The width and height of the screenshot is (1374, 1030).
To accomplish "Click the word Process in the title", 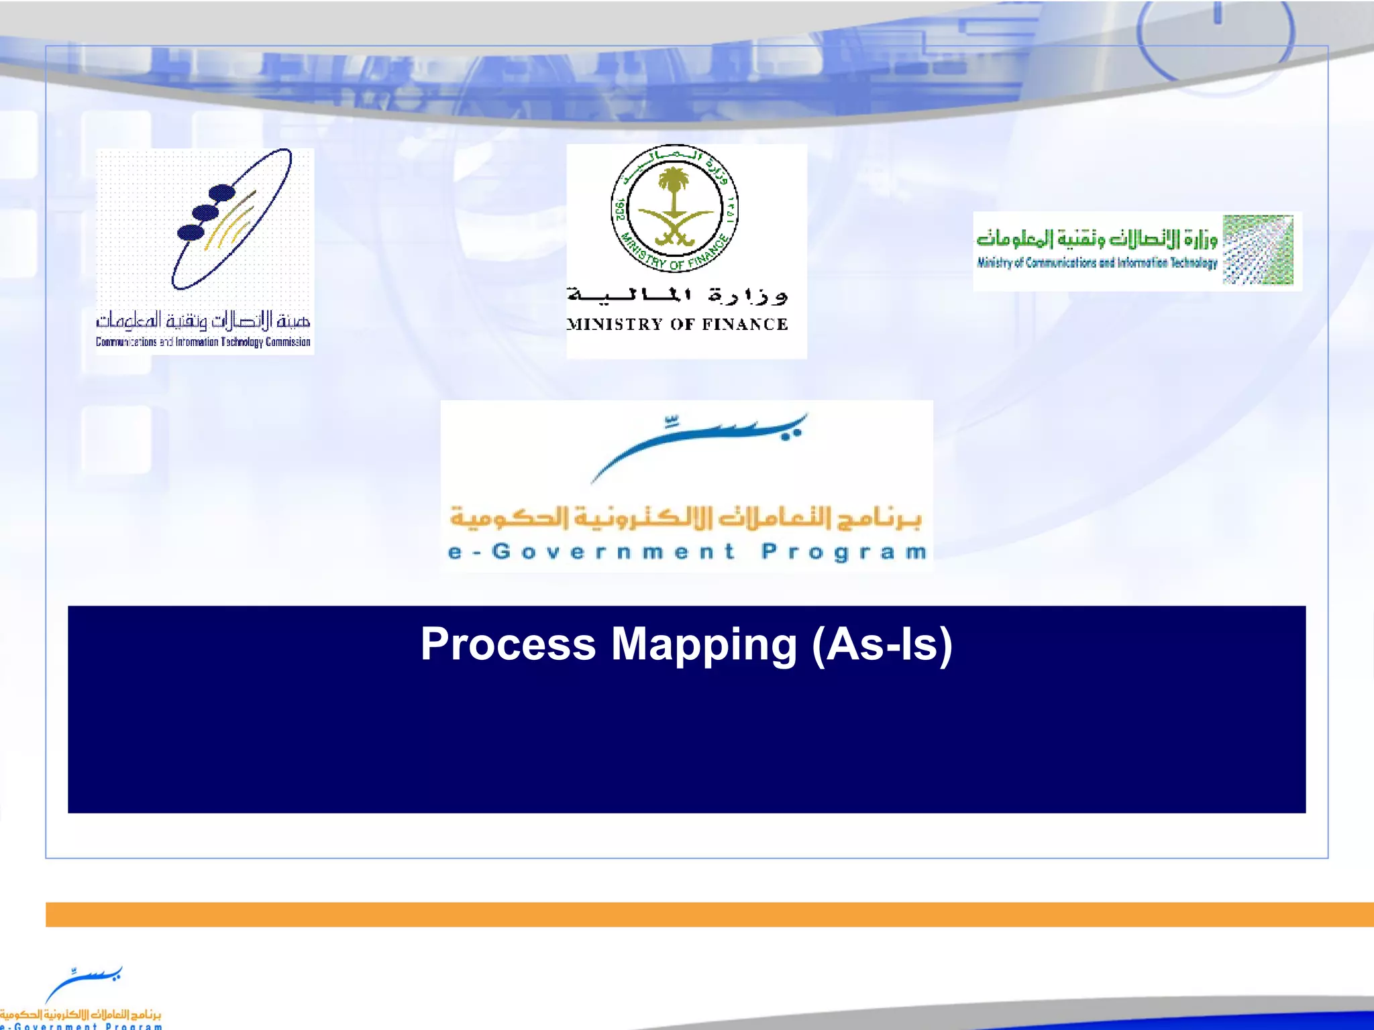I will [x=508, y=644].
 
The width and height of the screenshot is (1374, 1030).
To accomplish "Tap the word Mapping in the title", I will [x=704, y=644].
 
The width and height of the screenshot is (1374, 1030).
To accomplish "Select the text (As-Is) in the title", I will [x=882, y=644].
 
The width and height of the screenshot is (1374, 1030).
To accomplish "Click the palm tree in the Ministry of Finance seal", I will [x=674, y=186].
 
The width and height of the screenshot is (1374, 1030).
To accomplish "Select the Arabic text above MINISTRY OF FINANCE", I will [x=676, y=294].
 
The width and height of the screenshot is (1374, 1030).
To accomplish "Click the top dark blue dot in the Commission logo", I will [x=221, y=193].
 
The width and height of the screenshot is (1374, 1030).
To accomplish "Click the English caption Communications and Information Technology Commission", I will [x=203, y=342].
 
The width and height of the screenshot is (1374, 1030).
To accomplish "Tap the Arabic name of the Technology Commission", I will [x=203, y=321].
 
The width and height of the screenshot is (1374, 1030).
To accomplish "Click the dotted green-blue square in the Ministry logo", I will [x=1257, y=249].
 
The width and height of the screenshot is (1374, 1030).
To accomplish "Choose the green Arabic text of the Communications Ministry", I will [x=1096, y=238].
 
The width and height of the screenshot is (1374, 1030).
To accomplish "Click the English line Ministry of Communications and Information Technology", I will [x=1096, y=263].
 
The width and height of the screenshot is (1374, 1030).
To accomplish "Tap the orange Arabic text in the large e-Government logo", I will [x=686, y=517].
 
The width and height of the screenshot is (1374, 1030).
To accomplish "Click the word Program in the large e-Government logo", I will [x=844, y=552].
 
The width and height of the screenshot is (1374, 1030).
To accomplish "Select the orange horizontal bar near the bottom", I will [x=709, y=914].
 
